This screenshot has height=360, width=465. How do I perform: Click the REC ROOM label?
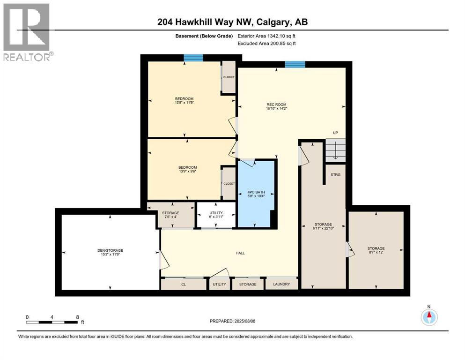pyautogui.click(x=276, y=104)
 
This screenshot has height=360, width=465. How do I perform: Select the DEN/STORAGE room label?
pyautogui.click(x=111, y=250)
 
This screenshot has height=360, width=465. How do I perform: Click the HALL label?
pyautogui.click(x=240, y=253)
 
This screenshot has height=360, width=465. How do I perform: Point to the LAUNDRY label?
pyautogui.click(x=281, y=284)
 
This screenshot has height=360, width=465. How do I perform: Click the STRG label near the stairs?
pyautogui.click(x=335, y=175)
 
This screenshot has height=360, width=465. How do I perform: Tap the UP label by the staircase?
pyautogui.click(x=335, y=133)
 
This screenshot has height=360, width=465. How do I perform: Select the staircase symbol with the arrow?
pyautogui.click(x=335, y=150)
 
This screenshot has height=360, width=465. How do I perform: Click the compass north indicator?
pyautogui.click(x=428, y=316)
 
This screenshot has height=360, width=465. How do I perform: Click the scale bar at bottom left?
pyautogui.click(x=52, y=322)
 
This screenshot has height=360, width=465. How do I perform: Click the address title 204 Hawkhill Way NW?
pyautogui.click(x=232, y=22)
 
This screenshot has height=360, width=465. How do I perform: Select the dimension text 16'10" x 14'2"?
pyautogui.click(x=276, y=109)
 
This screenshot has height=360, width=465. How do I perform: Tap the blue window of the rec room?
pyautogui.click(x=295, y=64)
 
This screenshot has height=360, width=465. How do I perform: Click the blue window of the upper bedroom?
pyautogui.click(x=193, y=58)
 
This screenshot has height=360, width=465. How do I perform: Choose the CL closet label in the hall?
pyautogui.click(x=184, y=284)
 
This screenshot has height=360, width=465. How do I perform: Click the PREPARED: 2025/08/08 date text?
pyautogui.click(x=232, y=321)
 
